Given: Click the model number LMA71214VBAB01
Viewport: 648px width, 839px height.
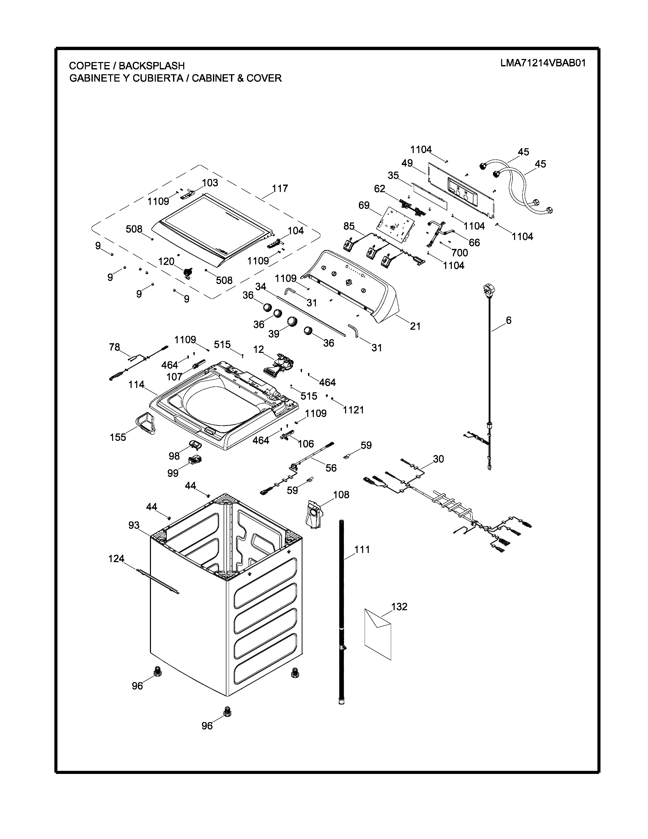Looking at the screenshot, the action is coord(543,63).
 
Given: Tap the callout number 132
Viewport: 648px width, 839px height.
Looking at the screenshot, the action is coord(399,607).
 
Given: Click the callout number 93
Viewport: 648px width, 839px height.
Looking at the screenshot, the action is coord(134,525).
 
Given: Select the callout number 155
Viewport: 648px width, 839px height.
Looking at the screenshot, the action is coord(118,437).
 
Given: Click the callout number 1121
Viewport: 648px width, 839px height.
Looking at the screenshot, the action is coord(353,410).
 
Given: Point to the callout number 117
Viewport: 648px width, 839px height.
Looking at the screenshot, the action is coord(280,189).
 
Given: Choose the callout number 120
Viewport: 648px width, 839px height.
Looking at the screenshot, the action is coord(166,262).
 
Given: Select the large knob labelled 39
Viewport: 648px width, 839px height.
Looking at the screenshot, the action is coord(292,321).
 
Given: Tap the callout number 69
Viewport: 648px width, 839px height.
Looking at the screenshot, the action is coord(364,205).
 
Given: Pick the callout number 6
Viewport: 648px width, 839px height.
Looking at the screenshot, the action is coord(509,320).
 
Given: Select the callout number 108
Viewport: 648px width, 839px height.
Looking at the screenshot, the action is coord(341,495).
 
